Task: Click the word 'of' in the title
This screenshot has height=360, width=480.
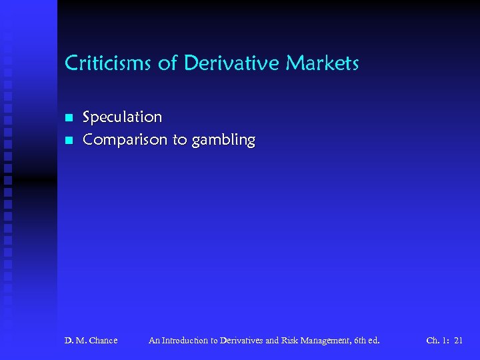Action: pyautogui.click(x=168, y=64)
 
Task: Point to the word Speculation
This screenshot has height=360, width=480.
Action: pyautogui.click(x=122, y=117)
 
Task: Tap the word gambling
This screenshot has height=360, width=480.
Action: pyautogui.click(x=223, y=141)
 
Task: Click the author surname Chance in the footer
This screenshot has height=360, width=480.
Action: pyautogui.click(x=102, y=341)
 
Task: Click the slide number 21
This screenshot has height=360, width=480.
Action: pyautogui.click(x=458, y=341)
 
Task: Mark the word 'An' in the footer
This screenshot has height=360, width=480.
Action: pyautogui.click(x=155, y=341)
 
